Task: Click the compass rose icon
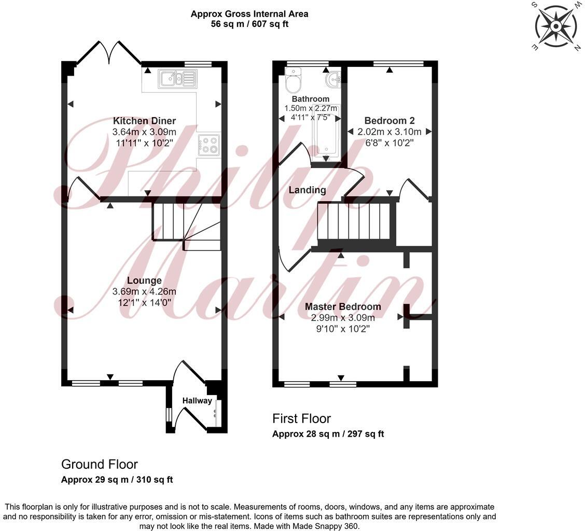tap(555, 25)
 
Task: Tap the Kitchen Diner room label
tap(145, 121)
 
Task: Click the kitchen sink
tap(177, 79)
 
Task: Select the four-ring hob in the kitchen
tap(209, 145)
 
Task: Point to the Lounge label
tap(145, 281)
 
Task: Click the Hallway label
tap(197, 400)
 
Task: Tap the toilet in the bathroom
tap(294, 81)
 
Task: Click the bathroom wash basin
tap(332, 79)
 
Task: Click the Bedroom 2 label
tap(389, 120)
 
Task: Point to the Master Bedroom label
tap(343, 306)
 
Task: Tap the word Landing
tap(308, 190)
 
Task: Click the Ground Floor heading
tap(100, 464)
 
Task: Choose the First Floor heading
tap(301, 418)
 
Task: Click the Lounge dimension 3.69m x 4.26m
tap(145, 291)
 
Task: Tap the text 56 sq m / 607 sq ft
tap(249, 24)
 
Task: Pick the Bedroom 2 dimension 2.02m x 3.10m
tap(389, 132)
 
